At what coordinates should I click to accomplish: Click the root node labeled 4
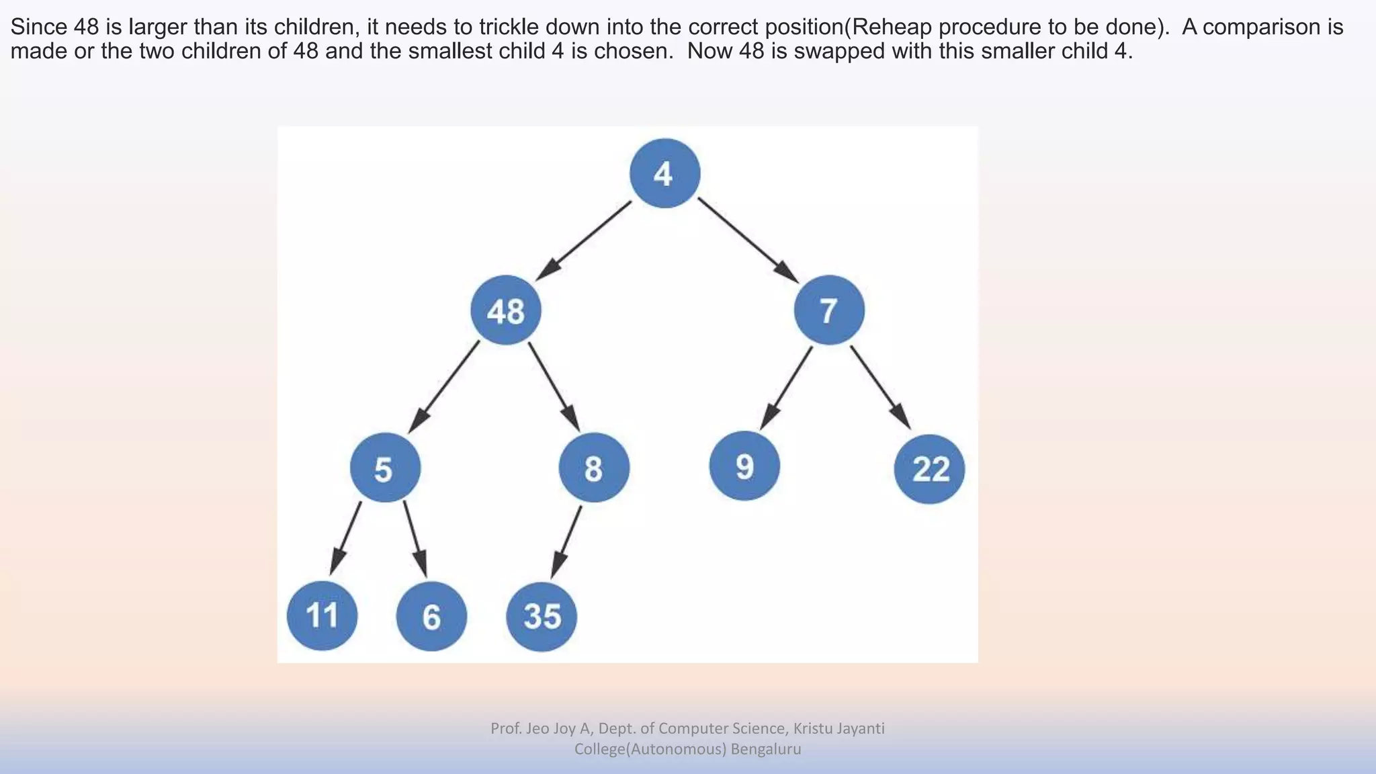click(x=664, y=173)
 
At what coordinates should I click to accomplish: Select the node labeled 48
click(x=506, y=310)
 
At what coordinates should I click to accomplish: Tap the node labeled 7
click(x=829, y=310)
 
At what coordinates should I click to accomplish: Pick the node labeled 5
click(x=385, y=468)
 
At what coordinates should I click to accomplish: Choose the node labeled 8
click(x=594, y=468)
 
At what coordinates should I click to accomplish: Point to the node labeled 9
click(x=744, y=466)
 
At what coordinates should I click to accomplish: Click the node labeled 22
click(x=929, y=468)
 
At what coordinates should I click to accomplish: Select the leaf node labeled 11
click(x=322, y=615)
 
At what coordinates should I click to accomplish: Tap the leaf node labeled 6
click(x=431, y=616)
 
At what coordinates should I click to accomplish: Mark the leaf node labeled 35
click(x=542, y=616)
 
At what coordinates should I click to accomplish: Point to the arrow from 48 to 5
click(x=444, y=387)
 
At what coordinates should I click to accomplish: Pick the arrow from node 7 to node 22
click(x=880, y=387)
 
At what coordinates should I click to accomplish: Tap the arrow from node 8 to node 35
click(x=567, y=541)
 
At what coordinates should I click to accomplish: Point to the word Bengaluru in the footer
click(x=766, y=749)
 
